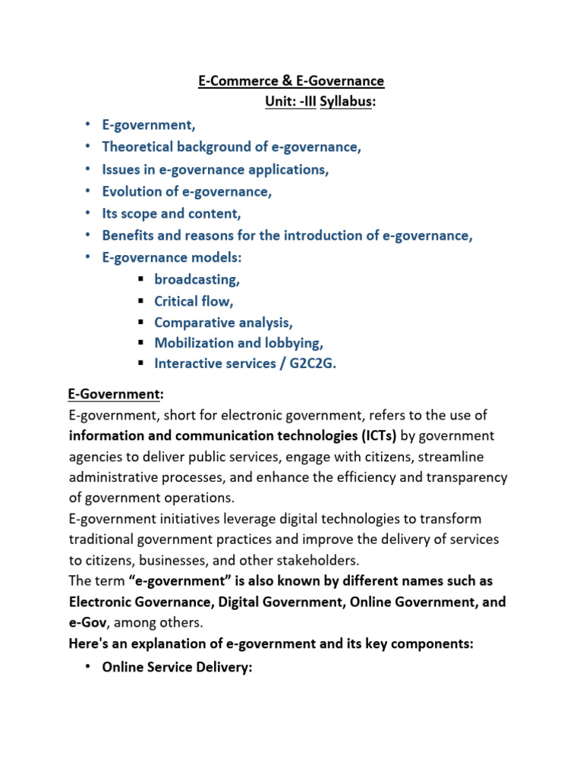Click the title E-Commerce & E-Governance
tap(291, 80)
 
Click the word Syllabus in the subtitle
tap(345, 102)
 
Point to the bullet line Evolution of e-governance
tap(187, 191)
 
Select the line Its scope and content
tap(171, 213)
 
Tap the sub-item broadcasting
tap(197, 279)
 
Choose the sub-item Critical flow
tap(194, 301)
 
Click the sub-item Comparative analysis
tap(223, 322)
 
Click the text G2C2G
tap(310, 363)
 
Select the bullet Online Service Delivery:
tap(176, 667)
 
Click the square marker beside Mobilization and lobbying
tap(140, 344)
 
